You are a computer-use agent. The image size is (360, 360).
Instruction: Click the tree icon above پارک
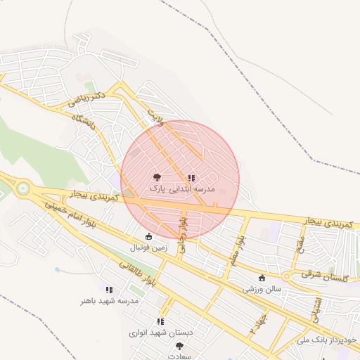[x=156, y=178]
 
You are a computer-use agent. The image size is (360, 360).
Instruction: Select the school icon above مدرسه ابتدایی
[x=191, y=178]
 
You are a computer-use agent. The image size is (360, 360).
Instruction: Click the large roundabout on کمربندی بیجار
[x=24, y=188]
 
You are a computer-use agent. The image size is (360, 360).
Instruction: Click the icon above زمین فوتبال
[x=148, y=236]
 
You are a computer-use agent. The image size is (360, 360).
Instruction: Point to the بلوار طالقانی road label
[x=131, y=275]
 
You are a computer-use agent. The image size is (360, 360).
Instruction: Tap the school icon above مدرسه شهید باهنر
[x=108, y=289]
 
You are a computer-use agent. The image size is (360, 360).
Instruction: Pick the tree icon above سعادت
[x=179, y=345]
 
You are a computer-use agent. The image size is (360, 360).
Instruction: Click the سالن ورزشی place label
[x=262, y=288]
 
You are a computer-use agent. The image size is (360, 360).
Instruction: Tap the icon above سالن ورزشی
[x=263, y=277]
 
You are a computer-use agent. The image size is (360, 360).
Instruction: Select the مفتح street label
[x=300, y=247]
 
